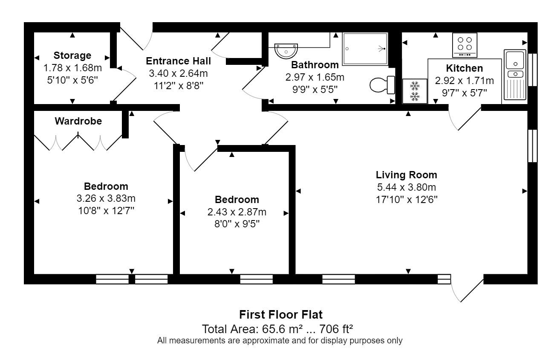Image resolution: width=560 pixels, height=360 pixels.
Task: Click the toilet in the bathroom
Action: pyautogui.click(x=382, y=85)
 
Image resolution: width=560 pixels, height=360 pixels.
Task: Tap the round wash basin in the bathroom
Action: pyautogui.click(x=286, y=51)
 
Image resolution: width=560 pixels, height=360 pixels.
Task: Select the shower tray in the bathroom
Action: pyautogui.click(x=365, y=49)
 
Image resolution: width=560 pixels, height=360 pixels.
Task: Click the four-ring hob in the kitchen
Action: pyautogui.click(x=465, y=45)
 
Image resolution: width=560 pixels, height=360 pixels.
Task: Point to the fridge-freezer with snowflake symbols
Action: pyautogui.click(x=415, y=91)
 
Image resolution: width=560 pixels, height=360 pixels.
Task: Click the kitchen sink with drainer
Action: pyautogui.click(x=515, y=75)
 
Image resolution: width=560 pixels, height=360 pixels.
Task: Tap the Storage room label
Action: pyautogui.click(x=72, y=55)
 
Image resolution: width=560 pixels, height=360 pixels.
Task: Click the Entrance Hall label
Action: pyautogui.click(x=178, y=61)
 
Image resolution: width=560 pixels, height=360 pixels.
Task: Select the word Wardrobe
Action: pyautogui.click(x=78, y=121)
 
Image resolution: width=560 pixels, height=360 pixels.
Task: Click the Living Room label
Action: pyautogui.click(x=407, y=174)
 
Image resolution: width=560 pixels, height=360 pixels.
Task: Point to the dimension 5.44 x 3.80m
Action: pyautogui.click(x=407, y=187)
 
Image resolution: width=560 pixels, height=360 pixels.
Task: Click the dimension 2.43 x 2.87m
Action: pyautogui.click(x=237, y=212)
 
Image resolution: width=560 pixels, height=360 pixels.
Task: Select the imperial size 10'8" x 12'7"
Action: pyautogui.click(x=106, y=211)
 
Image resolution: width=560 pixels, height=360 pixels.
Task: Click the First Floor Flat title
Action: pyautogui.click(x=281, y=314)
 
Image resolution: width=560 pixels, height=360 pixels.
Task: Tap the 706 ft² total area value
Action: pyautogui.click(x=336, y=329)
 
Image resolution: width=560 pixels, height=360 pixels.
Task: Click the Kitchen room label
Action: pyautogui.click(x=464, y=68)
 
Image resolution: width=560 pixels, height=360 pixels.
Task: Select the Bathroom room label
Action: pyautogui.click(x=315, y=65)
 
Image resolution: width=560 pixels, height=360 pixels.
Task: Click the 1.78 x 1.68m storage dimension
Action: pyautogui.click(x=72, y=68)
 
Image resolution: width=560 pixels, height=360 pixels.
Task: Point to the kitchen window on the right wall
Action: pyautogui.click(x=532, y=70)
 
